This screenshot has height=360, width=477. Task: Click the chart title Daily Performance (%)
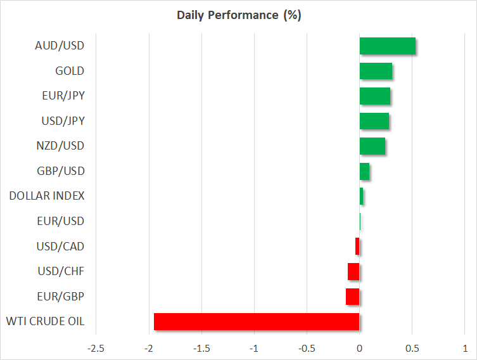pyautogui.click(x=238, y=15)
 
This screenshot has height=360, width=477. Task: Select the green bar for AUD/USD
pyautogui.click(x=387, y=46)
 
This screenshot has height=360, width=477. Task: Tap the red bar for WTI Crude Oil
pyautogui.click(x=257, y=322)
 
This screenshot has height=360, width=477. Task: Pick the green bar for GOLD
pyautogui.click(x=376, y=71)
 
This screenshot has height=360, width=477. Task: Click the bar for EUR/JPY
pyautogui.click(x=374, y=96)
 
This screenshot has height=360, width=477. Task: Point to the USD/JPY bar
pyautogui.click(x=374, y=121)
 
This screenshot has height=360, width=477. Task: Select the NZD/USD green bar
pyautogui.click(x=372, y=146)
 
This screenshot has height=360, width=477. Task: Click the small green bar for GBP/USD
pyautogui.click(x=364, y=171)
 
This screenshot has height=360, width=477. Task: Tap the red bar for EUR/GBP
pyautogui.click(x=353, y=297)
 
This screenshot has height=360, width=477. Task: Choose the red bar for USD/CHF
pyautogui.click(x=353, y=271)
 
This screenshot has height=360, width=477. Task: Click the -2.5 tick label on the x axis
pyautogui.click(x=96, y=349)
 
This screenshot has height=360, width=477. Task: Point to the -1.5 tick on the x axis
pyautogui.click(x=201, y=349)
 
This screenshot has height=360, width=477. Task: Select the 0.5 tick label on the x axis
pyautogui.click(x=412, y=349)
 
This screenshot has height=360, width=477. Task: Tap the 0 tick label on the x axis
pyautogui.click(x=359, y=349)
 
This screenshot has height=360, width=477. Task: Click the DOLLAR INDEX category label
pyautogui.click(x=47, y=196)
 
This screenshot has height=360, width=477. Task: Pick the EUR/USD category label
pyautogui.click(x=61, y=221)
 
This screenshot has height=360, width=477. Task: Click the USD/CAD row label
pyautogui.click(x=61, y=246)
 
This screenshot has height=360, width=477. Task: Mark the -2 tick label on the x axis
pyautogui.click(x=149, y=349)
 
